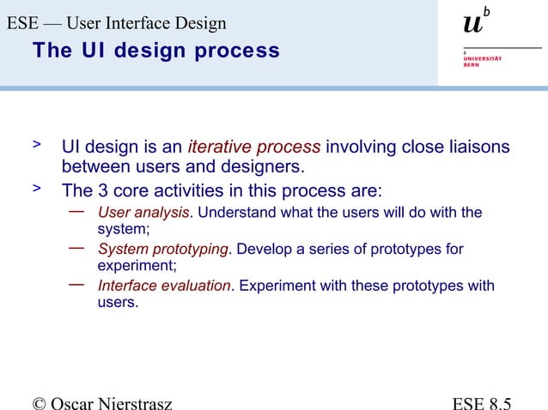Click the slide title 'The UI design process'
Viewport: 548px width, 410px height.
point(155,51)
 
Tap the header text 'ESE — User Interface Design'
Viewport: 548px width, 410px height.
point(117,23)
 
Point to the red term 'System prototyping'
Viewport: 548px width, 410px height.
point(163,250)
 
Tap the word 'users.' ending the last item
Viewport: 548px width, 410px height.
point(118,303)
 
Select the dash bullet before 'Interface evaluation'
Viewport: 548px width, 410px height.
point(76,283)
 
